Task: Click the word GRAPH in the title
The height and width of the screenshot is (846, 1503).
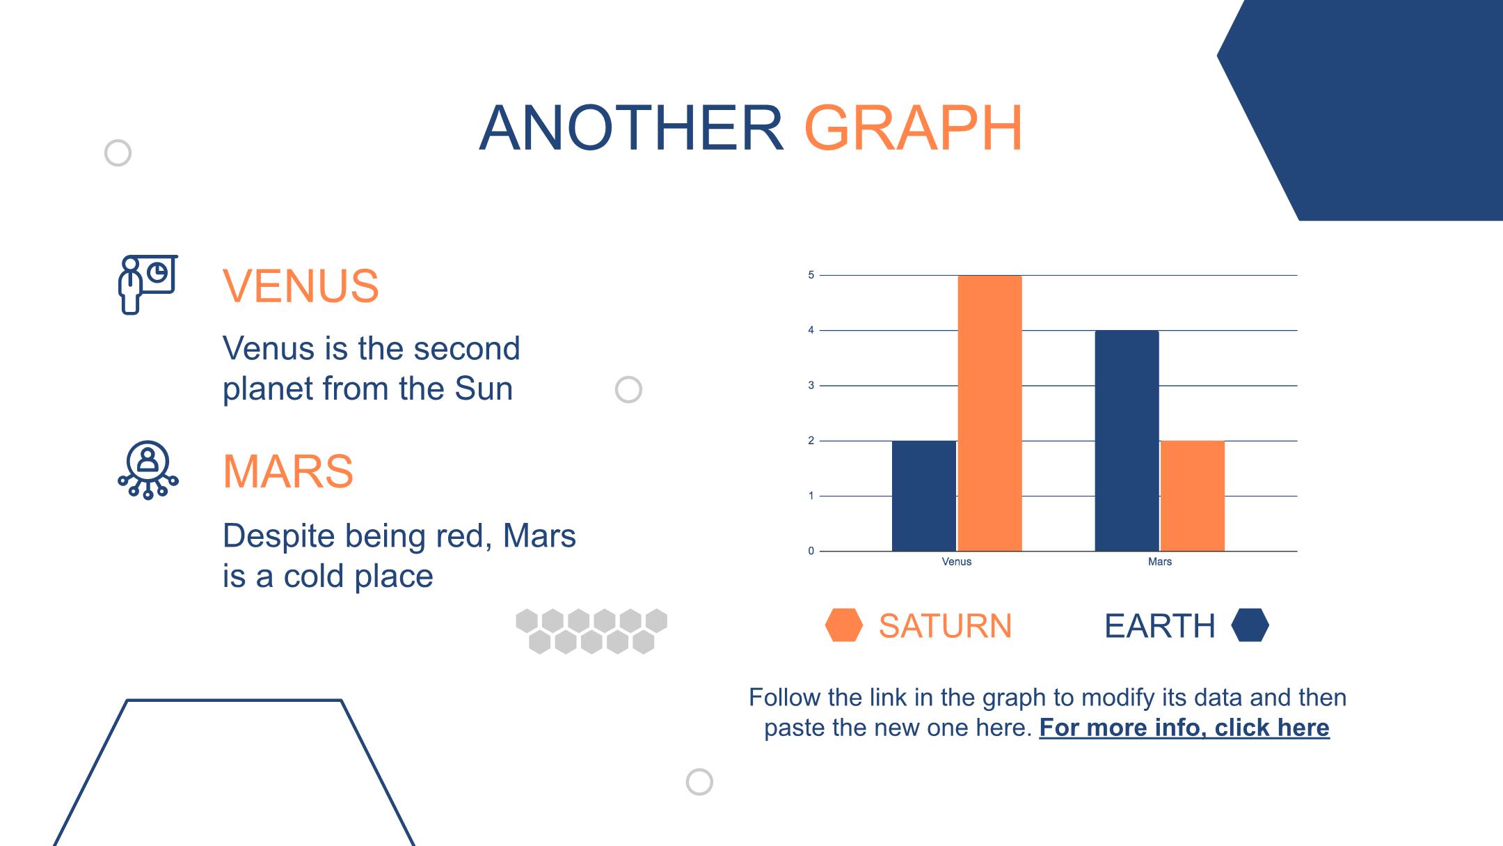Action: coord(913,128)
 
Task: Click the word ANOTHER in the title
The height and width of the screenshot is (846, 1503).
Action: coord(632,128)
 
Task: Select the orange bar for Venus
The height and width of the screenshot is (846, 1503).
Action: coord(989,414)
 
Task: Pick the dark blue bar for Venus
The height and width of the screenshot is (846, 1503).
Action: coord(924,496)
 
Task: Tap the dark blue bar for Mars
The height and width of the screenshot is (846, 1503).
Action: coord(1127,441)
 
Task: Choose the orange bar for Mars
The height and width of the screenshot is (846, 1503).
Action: coord(1193,496)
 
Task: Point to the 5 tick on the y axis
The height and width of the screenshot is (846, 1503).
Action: coord(811,275)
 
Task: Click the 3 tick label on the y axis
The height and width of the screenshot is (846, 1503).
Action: coord(811,385)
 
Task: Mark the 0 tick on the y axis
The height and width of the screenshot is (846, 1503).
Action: coord(811,551)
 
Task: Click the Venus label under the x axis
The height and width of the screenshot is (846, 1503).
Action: coord(956,561)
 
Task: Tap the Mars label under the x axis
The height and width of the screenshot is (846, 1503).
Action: coord(1160,561)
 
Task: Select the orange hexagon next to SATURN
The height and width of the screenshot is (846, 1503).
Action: coord(844,625)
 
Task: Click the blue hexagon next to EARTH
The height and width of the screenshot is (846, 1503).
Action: coord(1250,625)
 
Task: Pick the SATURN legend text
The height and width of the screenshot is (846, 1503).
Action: coord(945,625)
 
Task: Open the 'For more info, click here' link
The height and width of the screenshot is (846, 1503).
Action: coord(1184,728)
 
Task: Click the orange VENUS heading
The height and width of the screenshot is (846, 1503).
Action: coord(301,285)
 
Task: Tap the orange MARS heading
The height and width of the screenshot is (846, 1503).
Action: coord(288,471)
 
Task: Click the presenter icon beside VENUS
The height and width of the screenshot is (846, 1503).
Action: coord(148,284)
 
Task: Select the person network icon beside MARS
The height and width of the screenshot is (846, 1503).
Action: coord(148,470)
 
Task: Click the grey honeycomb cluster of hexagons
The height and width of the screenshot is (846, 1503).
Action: coord(591,632)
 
